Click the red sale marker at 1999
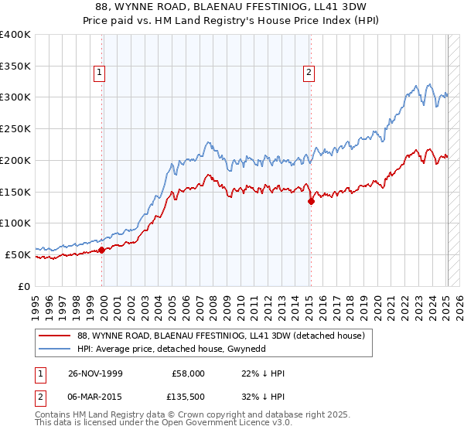point(102,250)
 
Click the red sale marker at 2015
point(310,201)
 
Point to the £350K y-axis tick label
point(15,66)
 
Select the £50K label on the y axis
point(18,254)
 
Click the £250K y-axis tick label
point(15,129)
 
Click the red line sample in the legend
point(55,335)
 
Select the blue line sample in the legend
point(55,349)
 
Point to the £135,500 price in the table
point(187,397)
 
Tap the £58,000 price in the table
point(189,373)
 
